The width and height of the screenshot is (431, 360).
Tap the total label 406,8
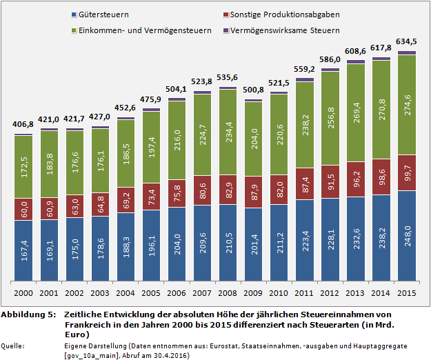click(x=23, y=124)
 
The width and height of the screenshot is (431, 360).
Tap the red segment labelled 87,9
click(x=254, y=194)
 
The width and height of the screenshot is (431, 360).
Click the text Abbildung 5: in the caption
click(x=28, y=314)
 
